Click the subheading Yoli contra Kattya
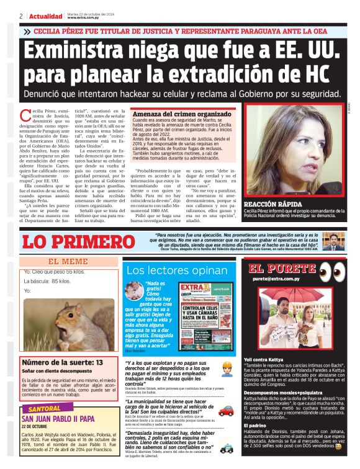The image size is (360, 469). [x=268, y=359]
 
